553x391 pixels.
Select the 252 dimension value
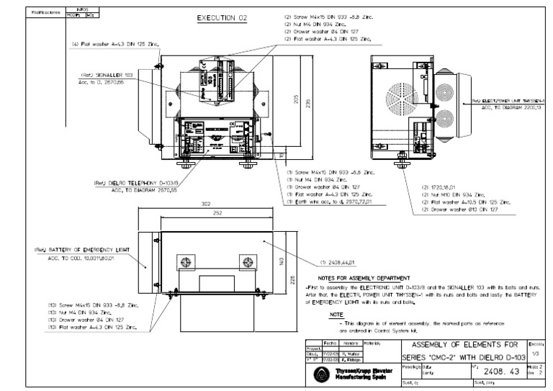tap(207, 214)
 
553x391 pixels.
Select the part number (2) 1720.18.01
tap(441, 186)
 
